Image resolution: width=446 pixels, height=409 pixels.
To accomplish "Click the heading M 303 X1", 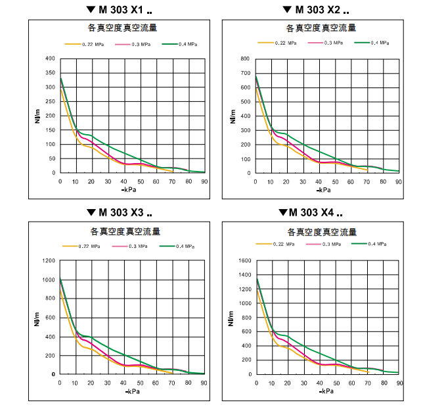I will tap(118, 10).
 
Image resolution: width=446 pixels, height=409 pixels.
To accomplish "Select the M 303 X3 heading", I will tap(118, 212).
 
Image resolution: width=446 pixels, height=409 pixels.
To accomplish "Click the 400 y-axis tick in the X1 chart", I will tap(50, 59).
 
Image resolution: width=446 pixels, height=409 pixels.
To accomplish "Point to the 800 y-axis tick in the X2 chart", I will tap(244, 59).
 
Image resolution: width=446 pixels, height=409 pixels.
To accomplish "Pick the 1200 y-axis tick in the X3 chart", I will tap(48, 261).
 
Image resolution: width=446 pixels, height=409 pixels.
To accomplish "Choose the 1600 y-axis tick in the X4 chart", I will tap(243, 261).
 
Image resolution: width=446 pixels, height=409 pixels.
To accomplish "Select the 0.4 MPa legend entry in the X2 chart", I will tap(380, 43).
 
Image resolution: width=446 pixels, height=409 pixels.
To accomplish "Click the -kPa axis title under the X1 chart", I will tap(129, 189).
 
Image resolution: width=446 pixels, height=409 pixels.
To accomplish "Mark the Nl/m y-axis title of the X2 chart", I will tap(233, 116).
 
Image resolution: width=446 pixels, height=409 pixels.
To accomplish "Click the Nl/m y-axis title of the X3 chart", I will tap(37, 318).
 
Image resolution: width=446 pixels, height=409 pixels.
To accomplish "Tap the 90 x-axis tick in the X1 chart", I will tap(204, 181).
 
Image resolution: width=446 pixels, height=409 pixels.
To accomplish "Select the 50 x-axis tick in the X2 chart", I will tap(335, 181).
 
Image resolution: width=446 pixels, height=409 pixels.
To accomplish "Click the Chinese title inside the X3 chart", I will tap(125, 231).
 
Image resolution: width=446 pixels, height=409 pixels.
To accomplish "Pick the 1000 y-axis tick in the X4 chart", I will tap(243, 304).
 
